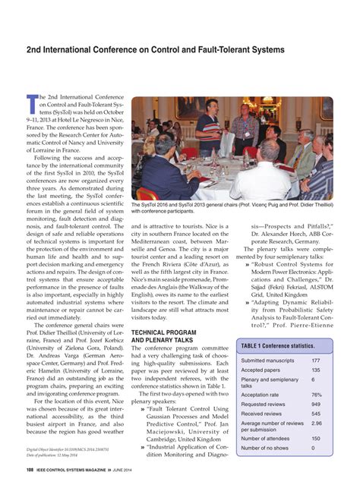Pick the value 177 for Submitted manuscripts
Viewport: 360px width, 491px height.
pyautogui.click(x=315, y=360)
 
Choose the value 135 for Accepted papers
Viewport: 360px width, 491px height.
pyautogui.click(x=315, y=370)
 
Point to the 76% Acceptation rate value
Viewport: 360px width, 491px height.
pyautogui.click(x=316, y=395)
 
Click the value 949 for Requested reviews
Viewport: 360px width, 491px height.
pyautogui.click(x=315, y=404)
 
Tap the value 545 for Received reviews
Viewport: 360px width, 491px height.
pyautogui.click(x=315, y=414)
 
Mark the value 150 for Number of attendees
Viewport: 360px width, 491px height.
pyautogui.click(x=315, y=439)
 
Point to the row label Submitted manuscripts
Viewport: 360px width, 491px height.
pyautogui.click(x=268, y=360)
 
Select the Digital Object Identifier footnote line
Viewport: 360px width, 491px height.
pyautogui.click(x=60, y=449)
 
